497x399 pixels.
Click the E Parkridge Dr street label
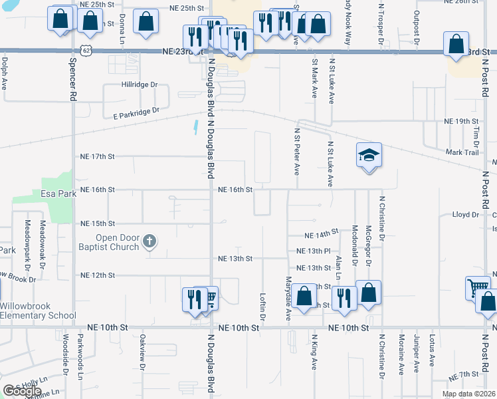tap(136, 113)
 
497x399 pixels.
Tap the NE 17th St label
tap(97, 156)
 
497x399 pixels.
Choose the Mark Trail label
tap(463, 152)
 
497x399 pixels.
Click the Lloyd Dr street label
tap(465, 215)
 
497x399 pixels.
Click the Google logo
tap(22, 391)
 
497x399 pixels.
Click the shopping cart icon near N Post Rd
tap(477, 288)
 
